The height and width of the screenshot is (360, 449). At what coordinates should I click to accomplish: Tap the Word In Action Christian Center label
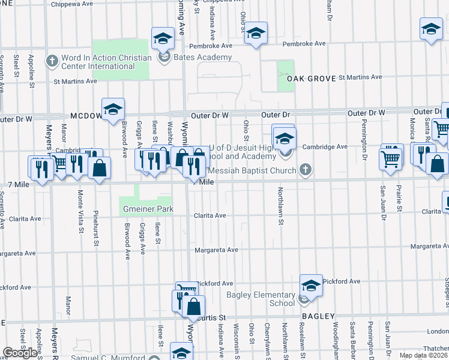pyautogui.click(x=106, y=62)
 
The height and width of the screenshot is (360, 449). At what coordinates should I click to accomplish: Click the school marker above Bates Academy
pyautogui.click(x=162, y=39)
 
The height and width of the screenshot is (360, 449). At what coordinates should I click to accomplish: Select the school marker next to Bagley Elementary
pyautogui.click(x=311, y=286)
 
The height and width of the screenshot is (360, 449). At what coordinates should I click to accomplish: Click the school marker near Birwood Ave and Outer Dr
pyautogui.click(x=112, y=109)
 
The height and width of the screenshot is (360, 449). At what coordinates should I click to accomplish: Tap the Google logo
pyautogui.click(x=20, y=353)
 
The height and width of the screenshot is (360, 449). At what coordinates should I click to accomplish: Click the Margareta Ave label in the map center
pyautogui.click(x=215, y=250)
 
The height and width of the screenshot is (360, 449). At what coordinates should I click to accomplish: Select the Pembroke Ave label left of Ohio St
pyautogui.click(x=210, y=46)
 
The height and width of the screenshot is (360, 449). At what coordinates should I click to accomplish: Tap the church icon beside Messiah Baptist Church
pyautogui.click(x=306, y=171)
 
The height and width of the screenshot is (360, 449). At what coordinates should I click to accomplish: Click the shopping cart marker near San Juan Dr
pyautogui.click(x=390, y=159)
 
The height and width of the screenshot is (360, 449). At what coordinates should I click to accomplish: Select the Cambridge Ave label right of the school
pyautogui.click(x=325, y=146)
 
